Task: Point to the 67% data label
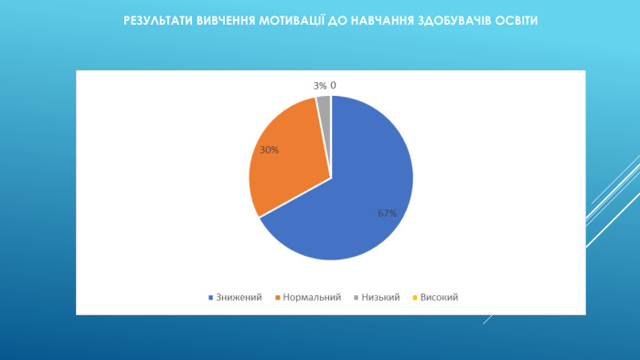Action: coord(387,213)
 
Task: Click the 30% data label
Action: coord(270,150)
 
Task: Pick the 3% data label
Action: coord(320,86)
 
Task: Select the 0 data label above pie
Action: coord(334,86)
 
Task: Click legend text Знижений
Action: coord(240,297)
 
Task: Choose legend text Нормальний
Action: coord(312,297)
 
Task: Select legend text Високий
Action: coord(439,297)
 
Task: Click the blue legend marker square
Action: coord(212,298)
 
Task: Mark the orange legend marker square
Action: coord(277,298)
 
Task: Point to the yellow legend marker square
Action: coord(416,298)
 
